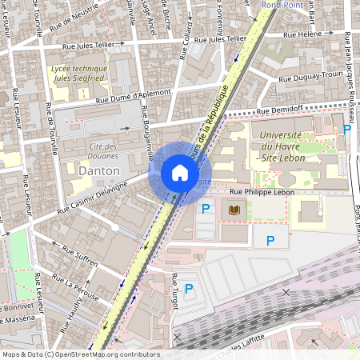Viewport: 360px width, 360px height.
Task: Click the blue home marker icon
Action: click(x=179, y=173)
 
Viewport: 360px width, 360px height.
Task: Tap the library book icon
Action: click(x=234, y=210)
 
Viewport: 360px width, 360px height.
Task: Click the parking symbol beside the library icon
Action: click(x=206, y=210)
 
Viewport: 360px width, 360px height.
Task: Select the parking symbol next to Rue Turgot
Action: click(x=189, y=289)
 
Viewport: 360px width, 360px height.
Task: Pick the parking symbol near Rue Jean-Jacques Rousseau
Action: click(x=346, y=129)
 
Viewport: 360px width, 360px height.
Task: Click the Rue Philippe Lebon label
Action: click(x=262, y=193)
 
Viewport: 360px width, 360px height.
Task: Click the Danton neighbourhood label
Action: click(x=100, y=171)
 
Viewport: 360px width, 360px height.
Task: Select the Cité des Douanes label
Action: click(x=105, y=150)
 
